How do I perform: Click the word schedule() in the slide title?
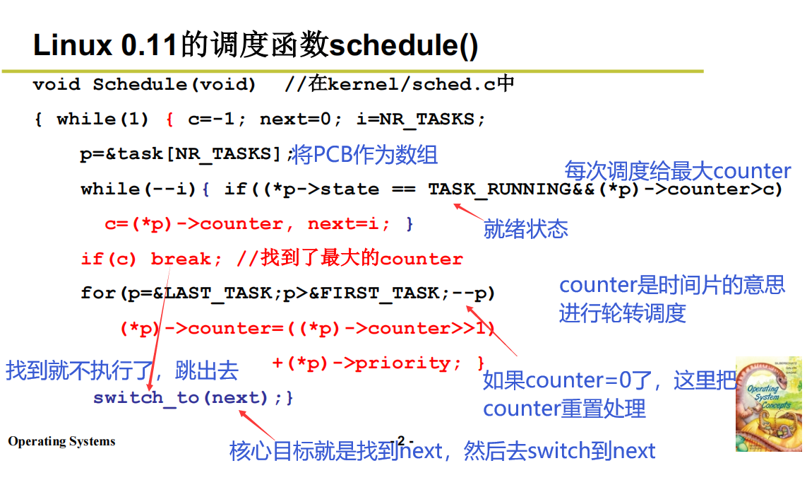pyautogui.click(x=404, y=46)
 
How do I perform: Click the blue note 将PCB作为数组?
pyautogui.click(x=365, y=155)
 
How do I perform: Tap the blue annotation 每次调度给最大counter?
pyautogui.click(x=677, y=171)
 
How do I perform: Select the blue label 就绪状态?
pyautogui.click(x=525, y=228)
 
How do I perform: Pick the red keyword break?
pyautogui.click(x=181, y=259)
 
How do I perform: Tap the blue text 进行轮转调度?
pyautogui.click(x=622, y=312)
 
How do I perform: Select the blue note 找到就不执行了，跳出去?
pyautogui.click(x=121, y=370)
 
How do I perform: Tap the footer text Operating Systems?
pyautogui.click(x=61, y=442)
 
